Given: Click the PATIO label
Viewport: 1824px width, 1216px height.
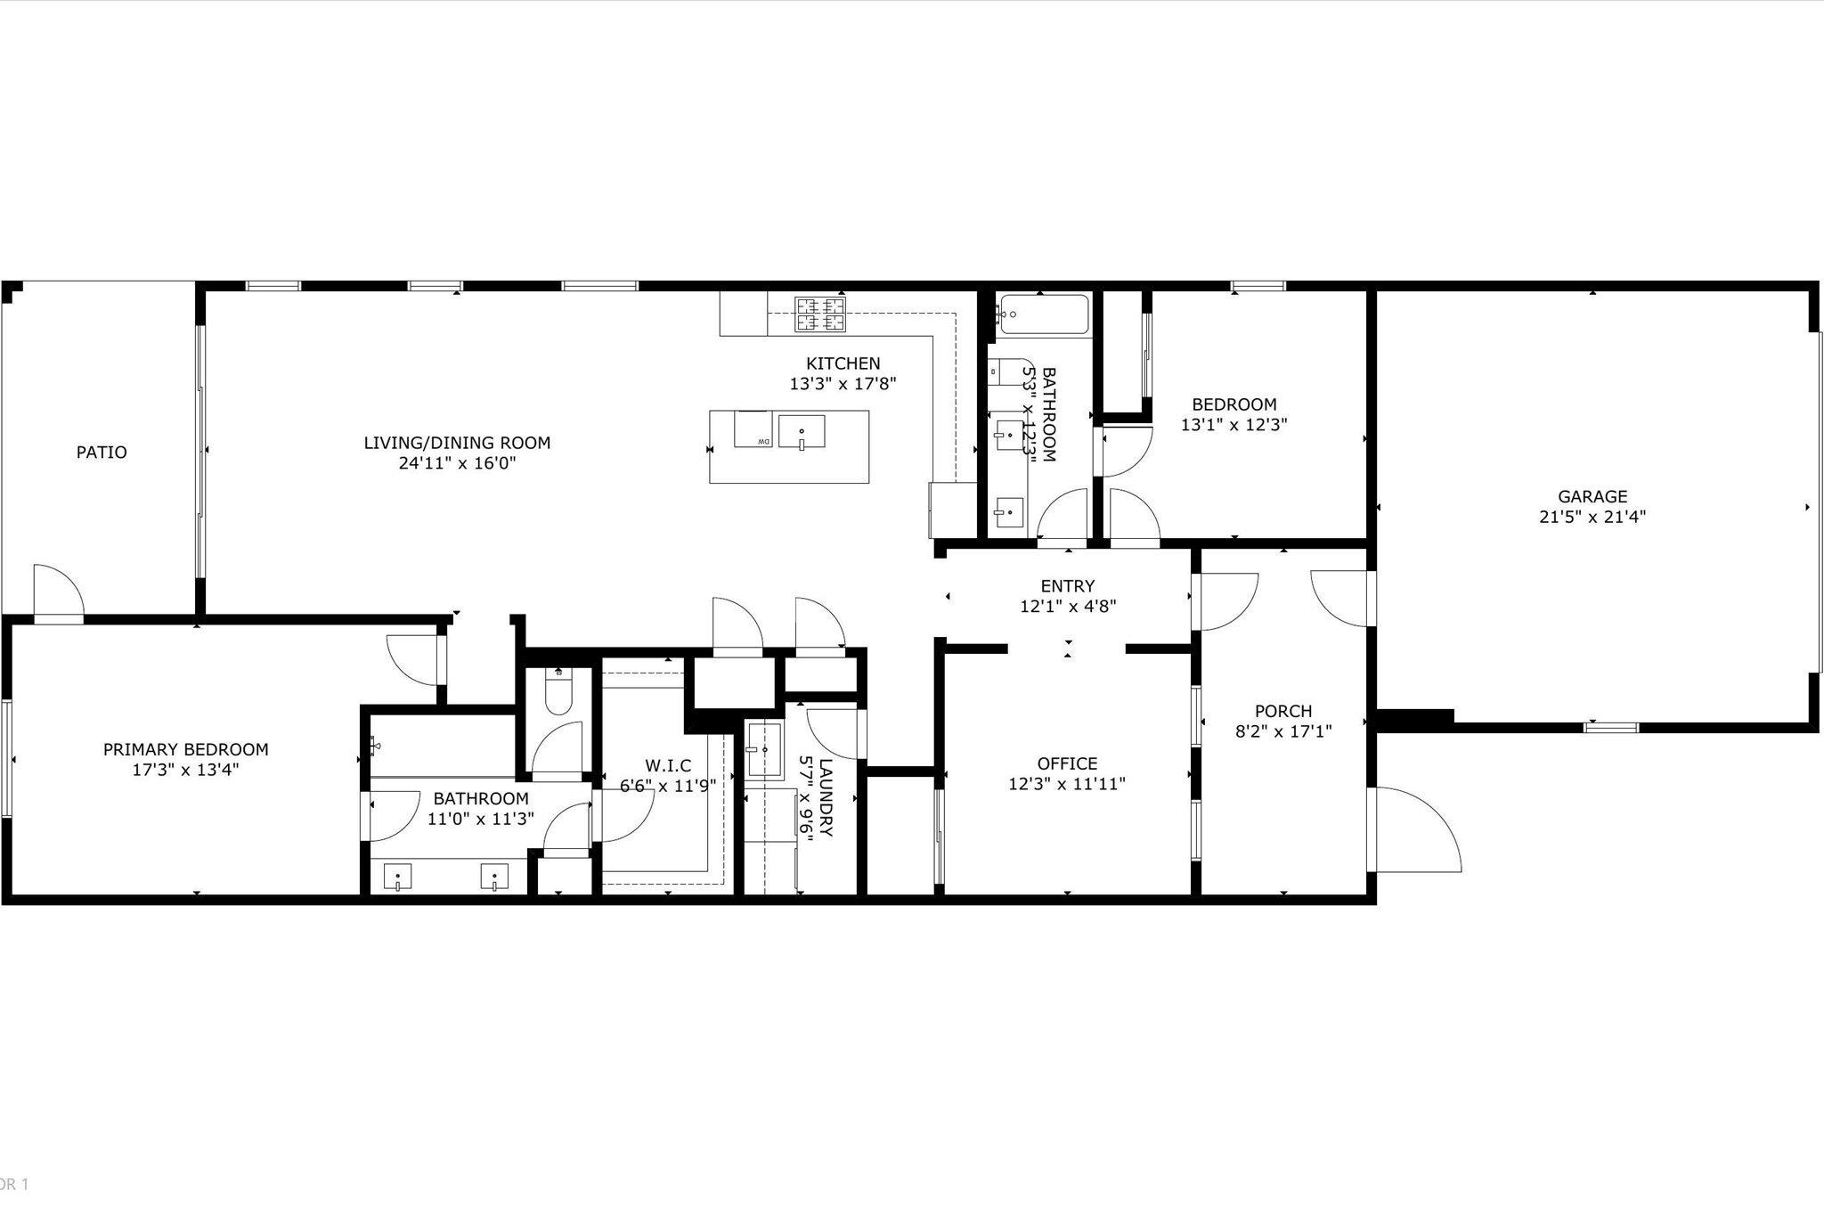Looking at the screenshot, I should point(102,453).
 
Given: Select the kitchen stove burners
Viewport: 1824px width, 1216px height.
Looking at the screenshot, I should point(819,314).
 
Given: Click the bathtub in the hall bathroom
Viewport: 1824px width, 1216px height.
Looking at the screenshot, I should point(1043,314).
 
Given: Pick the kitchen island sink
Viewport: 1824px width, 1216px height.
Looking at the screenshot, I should point(802,431).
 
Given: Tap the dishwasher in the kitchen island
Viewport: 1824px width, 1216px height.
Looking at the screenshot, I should point(753,429).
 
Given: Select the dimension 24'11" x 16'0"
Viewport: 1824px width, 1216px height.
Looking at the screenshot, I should point(457,463).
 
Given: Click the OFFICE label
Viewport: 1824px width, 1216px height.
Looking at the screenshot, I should point(1067,764).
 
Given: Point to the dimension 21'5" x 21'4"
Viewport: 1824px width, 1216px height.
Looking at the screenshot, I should point(1592,517).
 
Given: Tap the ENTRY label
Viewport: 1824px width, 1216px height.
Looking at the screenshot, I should point(1068,586).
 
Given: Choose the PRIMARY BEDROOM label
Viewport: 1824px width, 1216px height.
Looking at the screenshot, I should point(185,750).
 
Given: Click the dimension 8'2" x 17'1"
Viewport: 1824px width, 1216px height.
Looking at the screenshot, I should point(1283,731).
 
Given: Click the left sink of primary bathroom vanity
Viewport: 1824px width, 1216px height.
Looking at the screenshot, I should point(396,877).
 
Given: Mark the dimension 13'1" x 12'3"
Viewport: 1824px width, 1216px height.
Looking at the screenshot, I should point(1234,425).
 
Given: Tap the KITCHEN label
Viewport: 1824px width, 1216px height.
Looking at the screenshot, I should point(843,363).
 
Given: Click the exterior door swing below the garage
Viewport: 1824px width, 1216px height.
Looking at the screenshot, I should point(1416,828).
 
